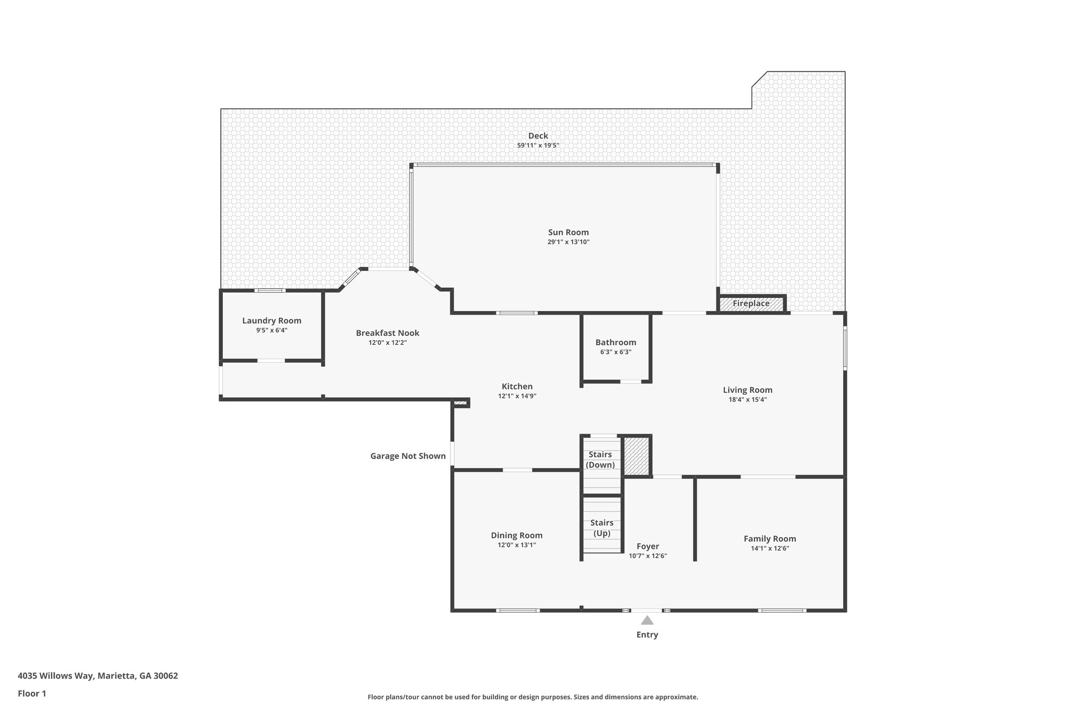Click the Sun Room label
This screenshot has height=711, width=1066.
568,232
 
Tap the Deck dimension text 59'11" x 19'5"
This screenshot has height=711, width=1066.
538,145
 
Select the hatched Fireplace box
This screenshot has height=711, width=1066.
751,304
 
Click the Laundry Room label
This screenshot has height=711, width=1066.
272,321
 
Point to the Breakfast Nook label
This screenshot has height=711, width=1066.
387,333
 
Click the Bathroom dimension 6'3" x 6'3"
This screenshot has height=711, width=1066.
616,352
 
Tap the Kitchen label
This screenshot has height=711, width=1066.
517,386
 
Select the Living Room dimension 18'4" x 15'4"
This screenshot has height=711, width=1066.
747,400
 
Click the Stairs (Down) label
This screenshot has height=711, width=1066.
600,460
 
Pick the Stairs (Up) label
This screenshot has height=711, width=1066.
602,528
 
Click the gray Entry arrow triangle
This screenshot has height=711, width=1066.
647,620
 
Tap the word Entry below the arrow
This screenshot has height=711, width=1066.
647,634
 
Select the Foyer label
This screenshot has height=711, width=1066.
648,546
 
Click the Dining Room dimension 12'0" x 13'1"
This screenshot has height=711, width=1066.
516,545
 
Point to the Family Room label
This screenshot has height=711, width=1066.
769,539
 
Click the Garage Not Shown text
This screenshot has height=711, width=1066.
408,456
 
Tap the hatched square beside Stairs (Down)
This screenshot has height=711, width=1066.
636,456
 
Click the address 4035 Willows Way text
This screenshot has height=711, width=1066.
98,676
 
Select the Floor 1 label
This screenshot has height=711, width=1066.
32,693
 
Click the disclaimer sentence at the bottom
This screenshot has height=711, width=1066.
532,697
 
